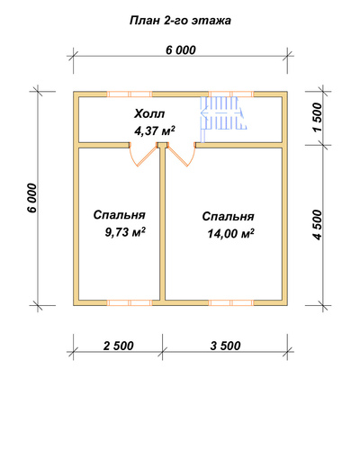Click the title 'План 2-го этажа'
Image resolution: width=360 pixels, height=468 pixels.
[x=180, y=21]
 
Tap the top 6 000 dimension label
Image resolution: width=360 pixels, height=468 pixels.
[x=181, y=50]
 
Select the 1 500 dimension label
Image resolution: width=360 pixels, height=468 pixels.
[x=317, y=117]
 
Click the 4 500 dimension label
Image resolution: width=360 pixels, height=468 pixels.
[x=317, y=225]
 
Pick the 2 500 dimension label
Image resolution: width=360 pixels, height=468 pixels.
[x=119, y=346]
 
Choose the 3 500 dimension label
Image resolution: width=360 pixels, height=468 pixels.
[x=225, y=346]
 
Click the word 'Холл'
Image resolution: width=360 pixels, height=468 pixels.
[x=149, y=114]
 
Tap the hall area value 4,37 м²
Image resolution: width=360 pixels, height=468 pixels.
[x=155, y=130]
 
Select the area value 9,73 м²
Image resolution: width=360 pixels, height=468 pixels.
[x=125, y=232]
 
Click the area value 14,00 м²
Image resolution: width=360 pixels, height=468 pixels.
[x=230, y=233]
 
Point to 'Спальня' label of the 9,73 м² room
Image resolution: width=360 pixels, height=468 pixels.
[x=120, y=215]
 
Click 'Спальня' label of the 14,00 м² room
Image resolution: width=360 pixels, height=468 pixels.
[x=228, y=217]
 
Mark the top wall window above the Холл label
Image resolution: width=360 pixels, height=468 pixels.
[x=130, y=94]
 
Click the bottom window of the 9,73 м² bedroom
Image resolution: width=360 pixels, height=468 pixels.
[x=130, y=302]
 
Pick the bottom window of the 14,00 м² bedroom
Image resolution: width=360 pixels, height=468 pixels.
[x=231, y=302]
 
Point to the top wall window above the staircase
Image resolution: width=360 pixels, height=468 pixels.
[x=231, y=94]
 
